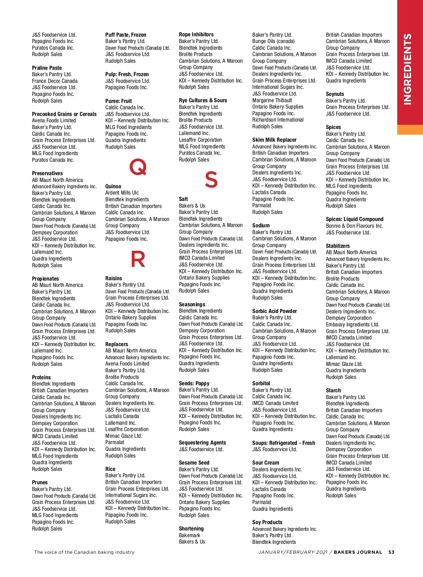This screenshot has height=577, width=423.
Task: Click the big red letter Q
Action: (138, 167)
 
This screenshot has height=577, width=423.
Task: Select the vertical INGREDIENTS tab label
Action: (407, 69)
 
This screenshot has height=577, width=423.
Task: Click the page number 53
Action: (391, 552)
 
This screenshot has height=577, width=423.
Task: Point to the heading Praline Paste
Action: (47, 68)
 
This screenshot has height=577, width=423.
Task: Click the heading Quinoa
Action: (113, 186)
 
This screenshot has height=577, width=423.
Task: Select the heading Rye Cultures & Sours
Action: (203, 100)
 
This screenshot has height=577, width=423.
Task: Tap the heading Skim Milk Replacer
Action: (274, 140)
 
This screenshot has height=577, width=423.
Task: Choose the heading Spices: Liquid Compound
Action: (354, 219)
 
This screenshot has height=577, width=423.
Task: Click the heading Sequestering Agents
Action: (202, 443)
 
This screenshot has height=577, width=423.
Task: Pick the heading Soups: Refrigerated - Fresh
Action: (283, 443)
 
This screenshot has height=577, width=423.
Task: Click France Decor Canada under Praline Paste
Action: (55, 81)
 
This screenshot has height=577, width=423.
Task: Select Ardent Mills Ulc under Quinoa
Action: (122, 193)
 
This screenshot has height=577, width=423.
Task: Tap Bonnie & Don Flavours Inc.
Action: (354, 226)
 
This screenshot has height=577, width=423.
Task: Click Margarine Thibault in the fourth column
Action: (272, 100)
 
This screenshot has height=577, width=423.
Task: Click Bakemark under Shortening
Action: (190, 535)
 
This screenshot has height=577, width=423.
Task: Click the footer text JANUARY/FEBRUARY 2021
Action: (293, 552)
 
